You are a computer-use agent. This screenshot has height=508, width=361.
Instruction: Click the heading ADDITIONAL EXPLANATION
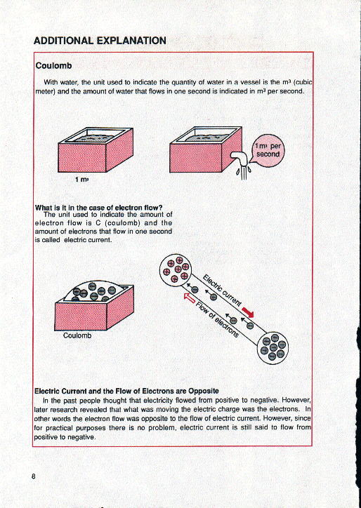pyautogui.click(x=100, y=40)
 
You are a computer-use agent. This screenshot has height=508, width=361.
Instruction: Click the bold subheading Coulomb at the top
pyautogui.click(x=50, y=66)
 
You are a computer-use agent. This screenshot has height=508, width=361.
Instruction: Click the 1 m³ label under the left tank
pyautogui.click(x=82, y=180)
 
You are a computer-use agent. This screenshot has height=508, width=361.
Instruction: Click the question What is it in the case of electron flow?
pyautogui.click(x=98, y=207)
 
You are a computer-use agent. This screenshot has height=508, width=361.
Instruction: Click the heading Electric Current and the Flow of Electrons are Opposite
pyautogui.click(x=126, y=390)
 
